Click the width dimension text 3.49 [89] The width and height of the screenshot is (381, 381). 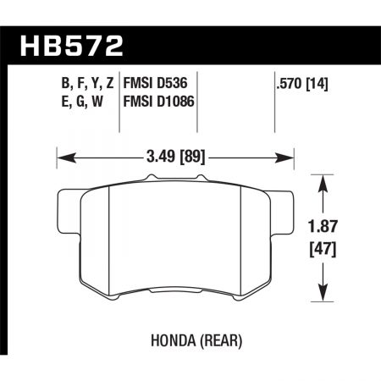tap(174, 156)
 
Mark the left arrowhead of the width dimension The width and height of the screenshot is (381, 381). tap(61, 156)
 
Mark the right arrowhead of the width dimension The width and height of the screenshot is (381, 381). tap(288, 156)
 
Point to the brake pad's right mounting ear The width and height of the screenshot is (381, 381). tap(284, 208)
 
